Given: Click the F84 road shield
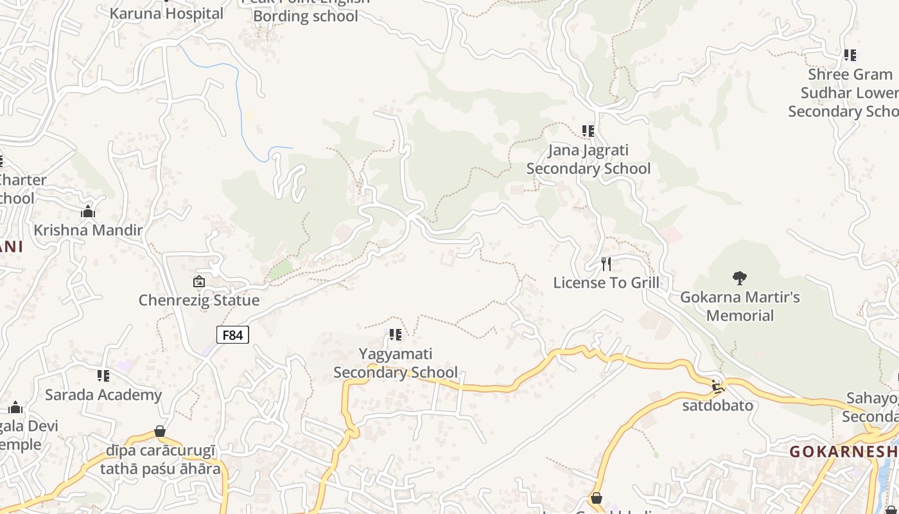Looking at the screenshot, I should coord(232,335).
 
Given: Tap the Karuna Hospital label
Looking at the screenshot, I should coord(167,13).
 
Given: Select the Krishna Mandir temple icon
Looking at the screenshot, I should coord(88,211).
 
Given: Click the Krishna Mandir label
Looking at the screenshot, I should coord(88,230).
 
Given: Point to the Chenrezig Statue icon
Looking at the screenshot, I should coord(199,281).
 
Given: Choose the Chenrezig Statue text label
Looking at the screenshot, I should coord(199,300).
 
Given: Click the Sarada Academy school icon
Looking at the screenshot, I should coord(103,375).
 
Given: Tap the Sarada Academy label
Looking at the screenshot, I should coord(103,394).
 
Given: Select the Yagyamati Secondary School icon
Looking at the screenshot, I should coord(396,335).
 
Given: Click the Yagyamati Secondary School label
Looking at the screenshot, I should coord(396,363).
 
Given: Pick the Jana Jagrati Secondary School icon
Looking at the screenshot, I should coord(588,131).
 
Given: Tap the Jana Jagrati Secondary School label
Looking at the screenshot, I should coord(588,159).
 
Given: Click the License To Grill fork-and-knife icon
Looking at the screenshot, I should coord(606,263).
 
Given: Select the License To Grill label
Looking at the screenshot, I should coord(606,283).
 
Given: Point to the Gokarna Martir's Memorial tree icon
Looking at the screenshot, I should coord(740,278).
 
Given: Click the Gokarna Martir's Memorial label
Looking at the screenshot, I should coord(740,306).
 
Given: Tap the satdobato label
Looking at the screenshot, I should coord(717,405).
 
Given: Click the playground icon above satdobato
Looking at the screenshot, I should coord(717,387).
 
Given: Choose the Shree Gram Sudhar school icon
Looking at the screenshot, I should coord(850,55).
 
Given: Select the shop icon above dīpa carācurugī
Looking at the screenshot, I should coord(160,431).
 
